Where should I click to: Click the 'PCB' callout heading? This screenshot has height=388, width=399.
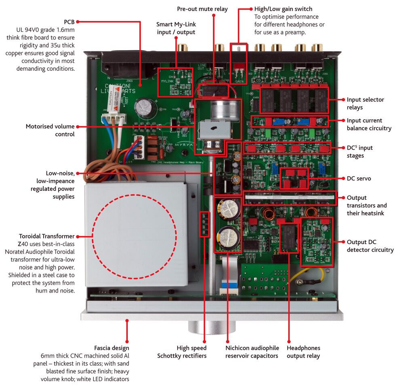[x=69, y=21]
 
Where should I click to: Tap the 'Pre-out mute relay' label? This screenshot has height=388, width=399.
[x=202, y=9]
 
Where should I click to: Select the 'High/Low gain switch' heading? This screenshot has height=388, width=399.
[x=283, y=9]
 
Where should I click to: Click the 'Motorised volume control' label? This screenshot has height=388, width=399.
[x=50, y=130]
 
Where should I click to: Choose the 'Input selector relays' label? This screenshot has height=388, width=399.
[x=365, y=103]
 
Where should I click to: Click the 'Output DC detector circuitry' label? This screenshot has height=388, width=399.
[x=370, y=246]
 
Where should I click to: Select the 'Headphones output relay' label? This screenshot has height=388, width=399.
[x=303, y=352]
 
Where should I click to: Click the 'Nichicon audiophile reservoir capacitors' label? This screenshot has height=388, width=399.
[x=252, y=352]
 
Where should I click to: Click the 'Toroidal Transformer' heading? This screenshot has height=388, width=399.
[x=46, y=236]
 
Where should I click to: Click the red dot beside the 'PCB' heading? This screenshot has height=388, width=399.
[x=78, y=21]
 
